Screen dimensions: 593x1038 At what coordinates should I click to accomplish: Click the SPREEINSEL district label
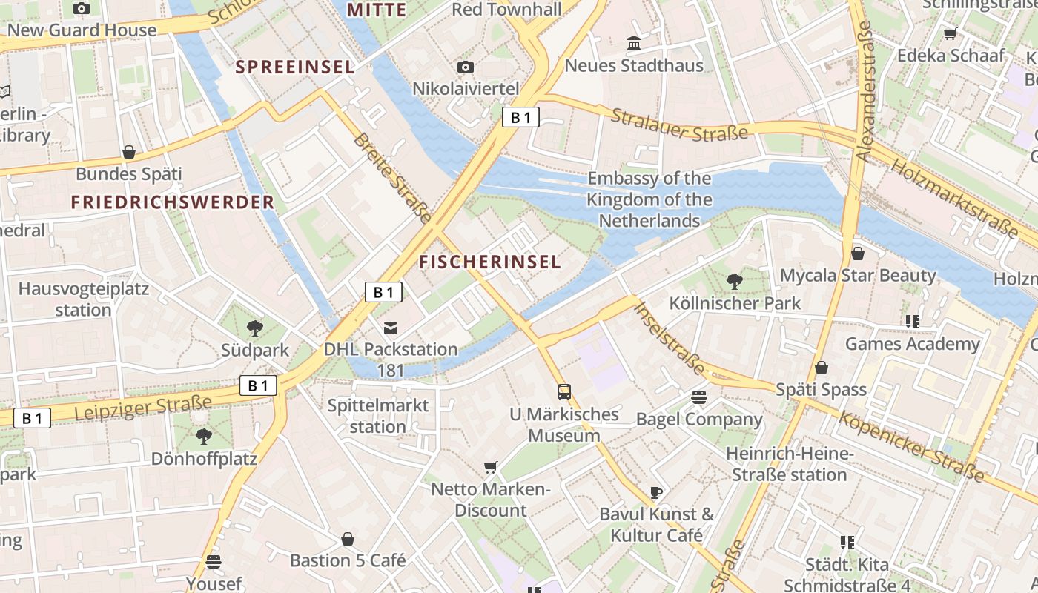[295, 67]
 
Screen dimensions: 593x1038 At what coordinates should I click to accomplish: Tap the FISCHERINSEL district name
[489, 262]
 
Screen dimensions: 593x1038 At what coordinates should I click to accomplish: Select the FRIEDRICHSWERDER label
[173, 202]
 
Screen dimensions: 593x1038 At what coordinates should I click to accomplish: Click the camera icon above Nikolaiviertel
[466, 67]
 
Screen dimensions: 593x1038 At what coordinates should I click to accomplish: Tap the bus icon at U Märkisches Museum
[564, 391]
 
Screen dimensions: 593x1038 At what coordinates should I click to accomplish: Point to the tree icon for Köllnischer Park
[735, 281]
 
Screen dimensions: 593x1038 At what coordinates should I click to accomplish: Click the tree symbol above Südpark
[254, 328]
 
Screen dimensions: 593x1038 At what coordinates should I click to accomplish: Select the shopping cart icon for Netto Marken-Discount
[490, 467]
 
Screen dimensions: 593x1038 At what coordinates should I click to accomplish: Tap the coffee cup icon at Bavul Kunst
[655, 492]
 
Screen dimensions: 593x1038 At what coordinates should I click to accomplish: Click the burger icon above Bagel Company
[698, 397]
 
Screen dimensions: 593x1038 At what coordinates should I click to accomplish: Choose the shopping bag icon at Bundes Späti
[129, 152]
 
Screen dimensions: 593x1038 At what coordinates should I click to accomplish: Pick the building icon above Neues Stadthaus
[634, 44]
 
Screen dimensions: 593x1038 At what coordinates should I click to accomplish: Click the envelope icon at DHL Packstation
[391, 328]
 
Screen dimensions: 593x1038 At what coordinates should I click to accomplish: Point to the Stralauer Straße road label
[679, 125]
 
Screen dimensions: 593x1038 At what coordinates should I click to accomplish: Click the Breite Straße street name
[391, 178]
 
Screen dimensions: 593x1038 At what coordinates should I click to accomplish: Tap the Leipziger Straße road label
[143, 408]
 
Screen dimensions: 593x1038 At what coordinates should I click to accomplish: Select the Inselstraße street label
[670, 338]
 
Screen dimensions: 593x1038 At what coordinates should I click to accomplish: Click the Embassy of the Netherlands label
[649, 199]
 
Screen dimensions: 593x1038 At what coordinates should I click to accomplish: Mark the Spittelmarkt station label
[378, 416]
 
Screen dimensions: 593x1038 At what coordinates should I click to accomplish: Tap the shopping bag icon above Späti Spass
[822, 368]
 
